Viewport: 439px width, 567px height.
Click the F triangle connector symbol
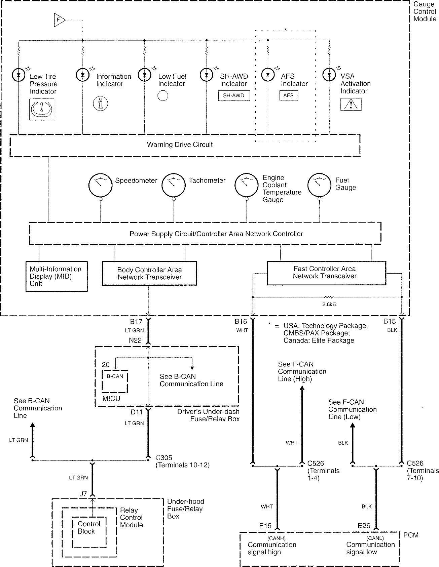[59, 20]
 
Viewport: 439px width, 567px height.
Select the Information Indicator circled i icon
[100, 103]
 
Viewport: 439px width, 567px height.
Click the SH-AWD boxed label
[233, 95]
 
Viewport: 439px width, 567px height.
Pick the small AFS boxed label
[288, 95]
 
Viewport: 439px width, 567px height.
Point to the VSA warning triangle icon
[351, 105]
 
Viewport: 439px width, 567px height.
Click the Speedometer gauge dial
[100, 185]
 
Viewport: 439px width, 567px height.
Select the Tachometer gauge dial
[173, 185]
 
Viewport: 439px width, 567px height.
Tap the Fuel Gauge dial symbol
[319, 185]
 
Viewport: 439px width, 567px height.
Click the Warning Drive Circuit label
[180, 145]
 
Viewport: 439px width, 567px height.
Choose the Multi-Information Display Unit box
[57, 276]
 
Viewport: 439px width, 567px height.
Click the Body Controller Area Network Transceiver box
[149, 274]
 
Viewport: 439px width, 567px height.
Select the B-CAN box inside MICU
[115, 381]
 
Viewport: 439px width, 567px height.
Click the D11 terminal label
[137, 412]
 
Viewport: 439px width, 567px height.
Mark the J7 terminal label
[83, 494]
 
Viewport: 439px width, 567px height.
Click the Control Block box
[89, 528]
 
